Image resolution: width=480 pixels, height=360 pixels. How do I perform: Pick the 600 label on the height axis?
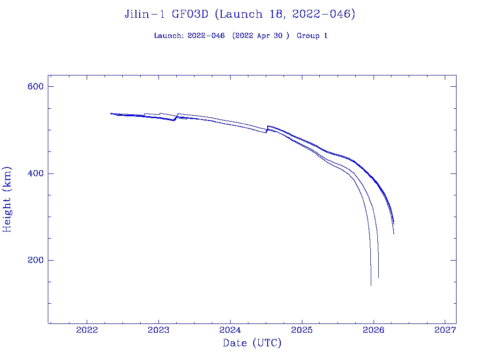point(35,86)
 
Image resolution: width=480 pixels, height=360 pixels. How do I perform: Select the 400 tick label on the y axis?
point(35,173)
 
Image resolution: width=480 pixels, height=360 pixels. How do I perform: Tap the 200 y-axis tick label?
point(35,260)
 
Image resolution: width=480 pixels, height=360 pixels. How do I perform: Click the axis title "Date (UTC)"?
point(252,343)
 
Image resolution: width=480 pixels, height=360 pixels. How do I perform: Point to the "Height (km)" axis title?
point(7,199)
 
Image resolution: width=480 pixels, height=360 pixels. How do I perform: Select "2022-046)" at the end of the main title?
point(323,15)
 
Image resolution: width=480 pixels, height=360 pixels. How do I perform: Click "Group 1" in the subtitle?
point(312,36)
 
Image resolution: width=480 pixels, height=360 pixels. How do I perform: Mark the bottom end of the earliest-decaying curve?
point(371,285)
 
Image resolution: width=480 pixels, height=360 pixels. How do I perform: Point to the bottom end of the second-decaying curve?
point(378,277)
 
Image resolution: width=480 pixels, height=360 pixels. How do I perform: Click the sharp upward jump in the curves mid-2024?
point(267,129)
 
